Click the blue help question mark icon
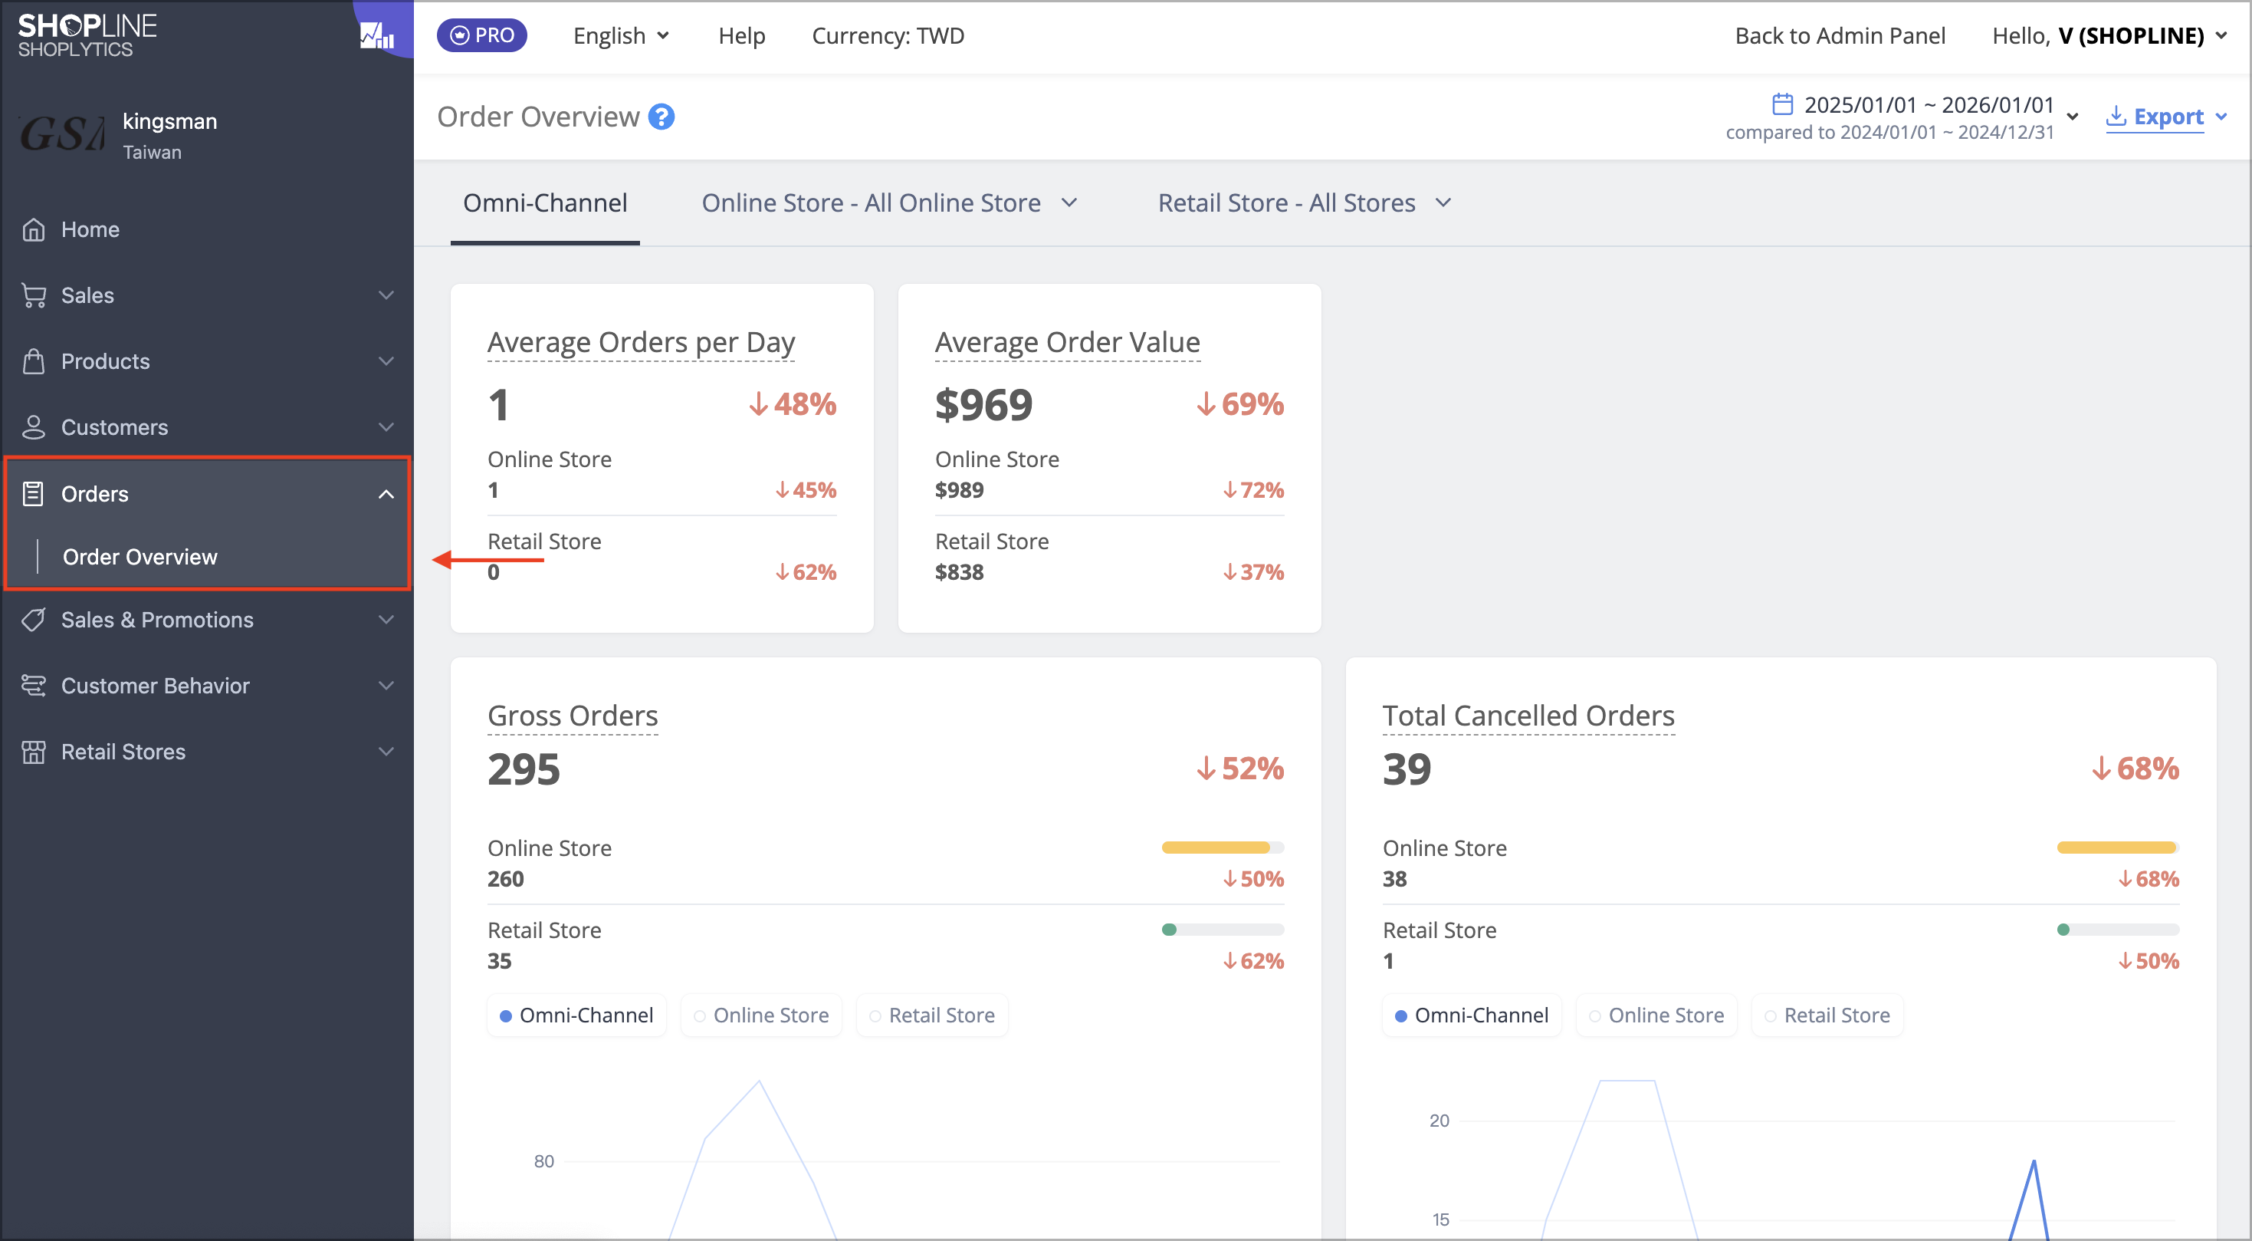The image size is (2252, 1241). click(661, 117)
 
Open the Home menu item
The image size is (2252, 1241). click(90, 229)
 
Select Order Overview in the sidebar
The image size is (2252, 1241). click(140, 556)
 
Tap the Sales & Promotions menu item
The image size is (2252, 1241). click(157, 619)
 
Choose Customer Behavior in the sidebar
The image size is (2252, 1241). click(156, 685)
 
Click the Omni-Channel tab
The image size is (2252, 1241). click(545, 203)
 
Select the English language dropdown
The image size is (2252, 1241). click(621, 35)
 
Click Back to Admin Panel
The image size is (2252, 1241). click(1840, 35)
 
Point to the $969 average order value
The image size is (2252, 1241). click(983, 404)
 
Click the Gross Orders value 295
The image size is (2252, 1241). click(524, 769)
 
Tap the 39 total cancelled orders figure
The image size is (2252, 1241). click(1407, 769)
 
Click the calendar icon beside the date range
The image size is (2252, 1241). click(1781, 104)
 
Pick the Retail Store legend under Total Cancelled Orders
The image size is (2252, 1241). click(1827, 1016)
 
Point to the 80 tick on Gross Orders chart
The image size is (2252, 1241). click(543, 1160)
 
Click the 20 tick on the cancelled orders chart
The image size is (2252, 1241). click(1439, 1121)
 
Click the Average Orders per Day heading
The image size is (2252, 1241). click(641, 342)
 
